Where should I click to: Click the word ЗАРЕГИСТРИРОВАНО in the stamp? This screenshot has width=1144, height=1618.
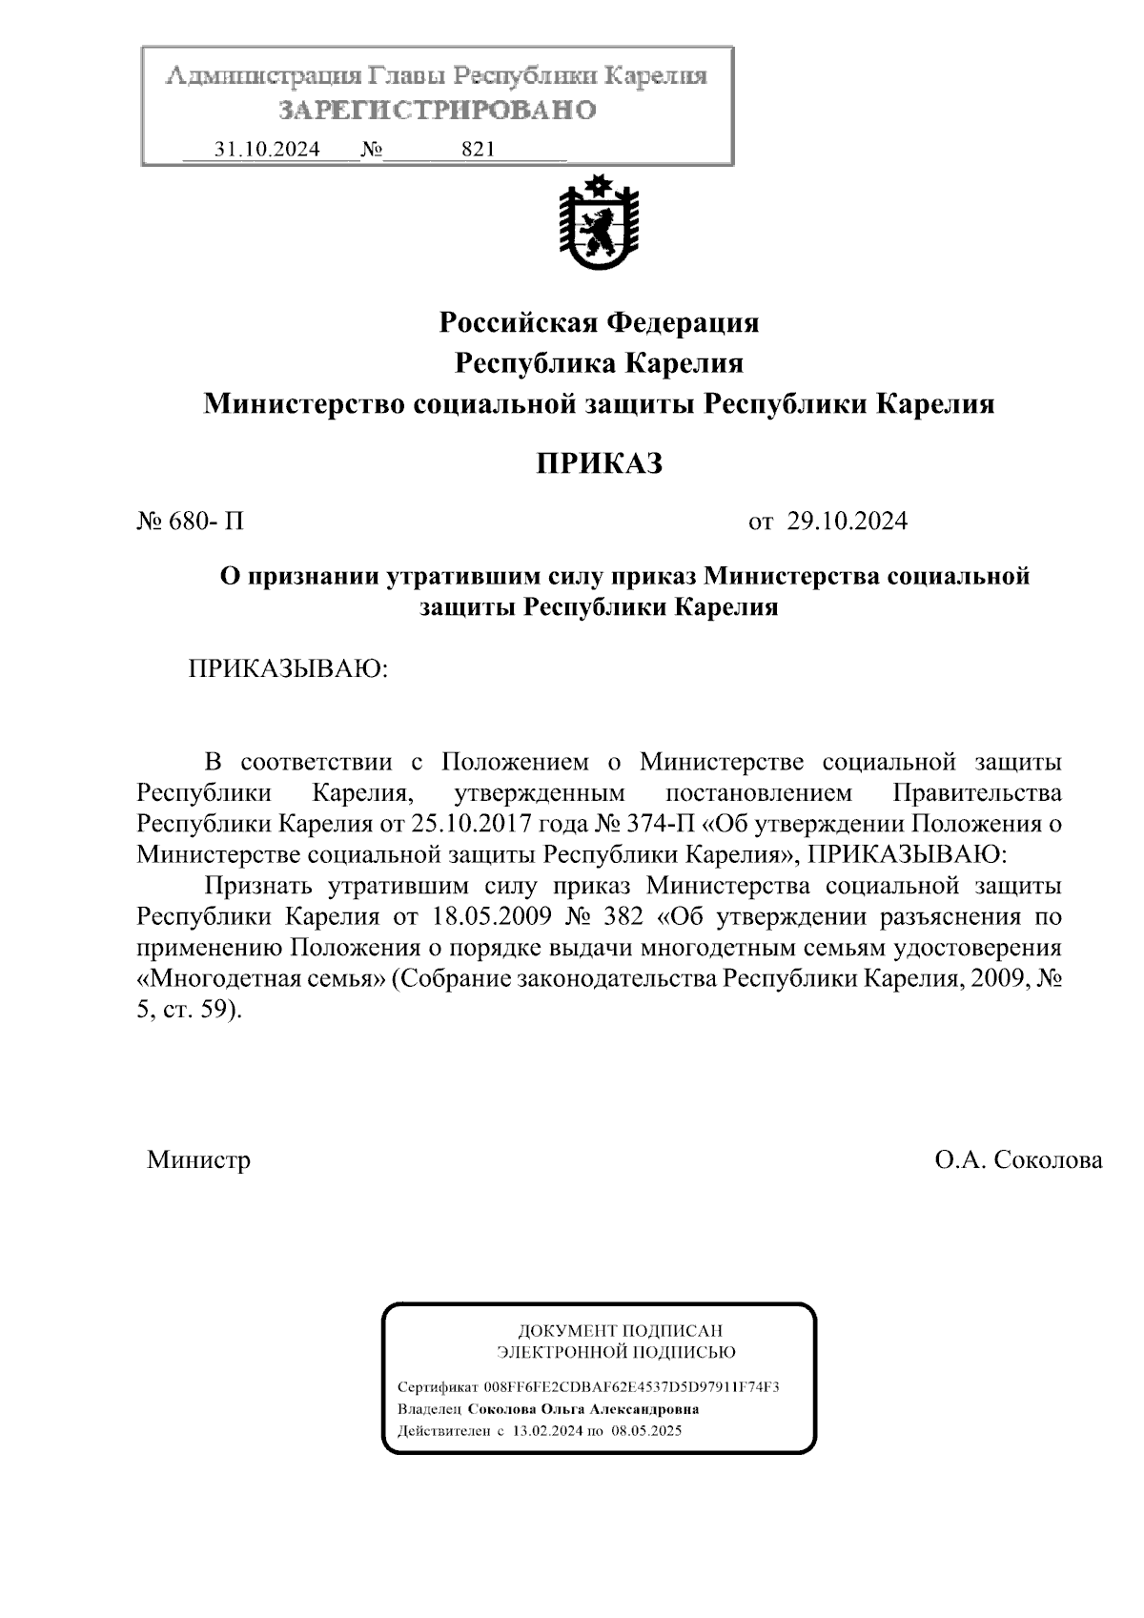point(438,111)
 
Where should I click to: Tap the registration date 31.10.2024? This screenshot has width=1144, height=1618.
point(267,150)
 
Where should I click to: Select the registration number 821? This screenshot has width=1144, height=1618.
point(477,150)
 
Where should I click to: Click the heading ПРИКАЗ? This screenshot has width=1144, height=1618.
point(598,463)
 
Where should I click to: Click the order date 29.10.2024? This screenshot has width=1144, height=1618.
point(847,522)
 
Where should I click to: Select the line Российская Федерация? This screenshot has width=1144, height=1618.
point(599,323)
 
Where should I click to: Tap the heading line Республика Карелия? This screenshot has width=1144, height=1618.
point(599,363)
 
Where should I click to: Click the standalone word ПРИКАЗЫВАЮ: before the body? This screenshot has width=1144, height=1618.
point(288,667)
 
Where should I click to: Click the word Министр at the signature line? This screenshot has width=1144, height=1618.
point(199,1160)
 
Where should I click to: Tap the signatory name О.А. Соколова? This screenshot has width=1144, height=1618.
point(1018,1160)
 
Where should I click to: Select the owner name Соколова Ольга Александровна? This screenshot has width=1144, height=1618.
point(583,1409)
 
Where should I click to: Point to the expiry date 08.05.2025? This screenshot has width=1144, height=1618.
point(646,1431)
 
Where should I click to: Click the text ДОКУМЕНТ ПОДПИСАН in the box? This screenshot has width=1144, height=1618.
point(620,1331)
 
